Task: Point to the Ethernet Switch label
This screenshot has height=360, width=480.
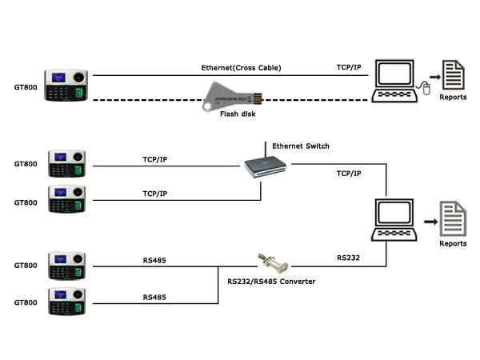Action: point(301,146)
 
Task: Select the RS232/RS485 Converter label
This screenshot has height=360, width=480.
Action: point(271,282)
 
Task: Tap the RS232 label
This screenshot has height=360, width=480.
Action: point(348,258)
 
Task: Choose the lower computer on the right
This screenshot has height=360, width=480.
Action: point(398,218)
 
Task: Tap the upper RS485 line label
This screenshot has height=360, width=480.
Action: point(154,259)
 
